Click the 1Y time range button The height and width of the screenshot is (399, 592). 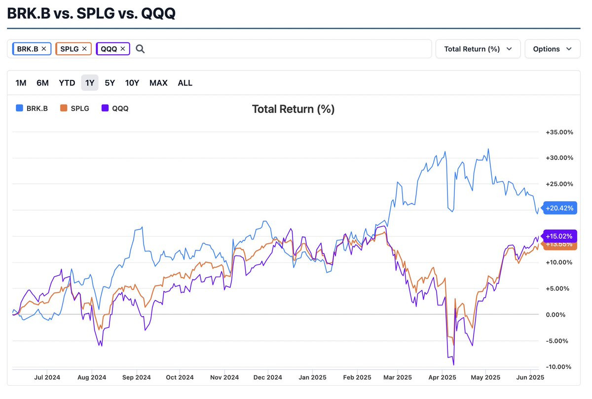(90, 83)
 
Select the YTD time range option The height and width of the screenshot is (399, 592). (67, 83)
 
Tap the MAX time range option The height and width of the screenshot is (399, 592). (158, 83)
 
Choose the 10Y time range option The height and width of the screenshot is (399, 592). (132, 83)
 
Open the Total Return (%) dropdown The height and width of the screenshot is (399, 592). (478, 49)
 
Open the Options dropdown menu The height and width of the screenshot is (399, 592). (552, 49)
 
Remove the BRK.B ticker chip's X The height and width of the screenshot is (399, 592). (44, 49)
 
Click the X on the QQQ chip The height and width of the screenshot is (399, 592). (123, 49)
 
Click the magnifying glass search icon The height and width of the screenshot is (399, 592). (140, 49)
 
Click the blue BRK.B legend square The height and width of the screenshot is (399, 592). (19, 108)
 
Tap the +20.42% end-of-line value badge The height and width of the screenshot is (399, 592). (559, 208)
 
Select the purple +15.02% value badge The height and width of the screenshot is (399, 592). (559, 236)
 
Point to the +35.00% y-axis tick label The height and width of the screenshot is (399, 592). (559, 132)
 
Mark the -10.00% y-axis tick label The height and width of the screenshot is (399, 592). (559, 367)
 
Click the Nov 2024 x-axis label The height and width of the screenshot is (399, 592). (224, 378)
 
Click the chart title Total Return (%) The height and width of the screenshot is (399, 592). (293, 109)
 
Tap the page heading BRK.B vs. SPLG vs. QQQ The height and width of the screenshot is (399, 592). (91, 13)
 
